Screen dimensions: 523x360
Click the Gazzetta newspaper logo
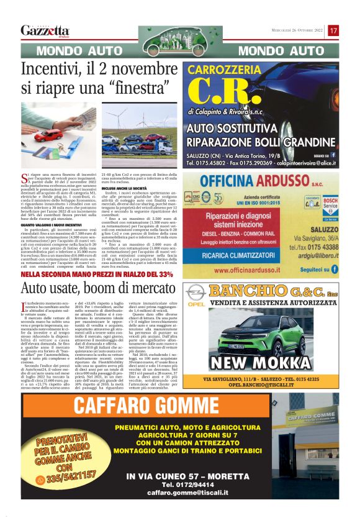45,30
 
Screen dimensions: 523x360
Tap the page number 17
333,30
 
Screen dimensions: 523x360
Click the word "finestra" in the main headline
133,88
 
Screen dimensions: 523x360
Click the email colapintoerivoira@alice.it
297,162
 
